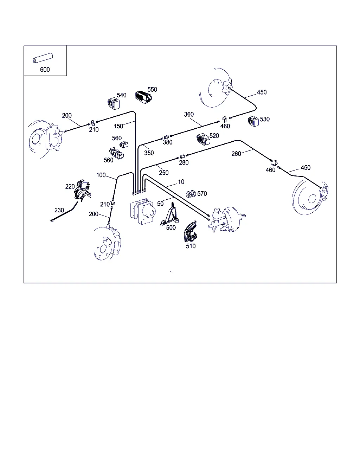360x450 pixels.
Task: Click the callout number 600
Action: (45, 70)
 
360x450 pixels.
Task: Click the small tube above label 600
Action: (43, 58)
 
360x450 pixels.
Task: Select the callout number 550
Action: (152, 90)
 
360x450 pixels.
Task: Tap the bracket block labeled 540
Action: (114, 103)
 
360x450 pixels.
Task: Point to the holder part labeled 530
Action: (253, 121)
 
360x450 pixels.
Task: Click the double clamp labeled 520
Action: (203, 139)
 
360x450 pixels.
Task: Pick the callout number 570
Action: (202, 194)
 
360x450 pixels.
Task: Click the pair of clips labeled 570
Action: (191, 194)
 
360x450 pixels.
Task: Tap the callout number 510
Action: (191, 246)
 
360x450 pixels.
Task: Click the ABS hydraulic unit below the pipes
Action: (143, 211)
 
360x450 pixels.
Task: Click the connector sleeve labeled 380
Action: (166, 137)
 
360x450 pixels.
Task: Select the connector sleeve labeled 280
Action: (182, 157)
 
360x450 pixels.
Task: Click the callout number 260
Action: (236, 154)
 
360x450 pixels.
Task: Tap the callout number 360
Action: (189, 114)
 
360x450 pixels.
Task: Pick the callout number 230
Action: (59, 210)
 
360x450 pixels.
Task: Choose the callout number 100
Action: (101, 175)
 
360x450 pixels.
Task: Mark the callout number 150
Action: (118, 126)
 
